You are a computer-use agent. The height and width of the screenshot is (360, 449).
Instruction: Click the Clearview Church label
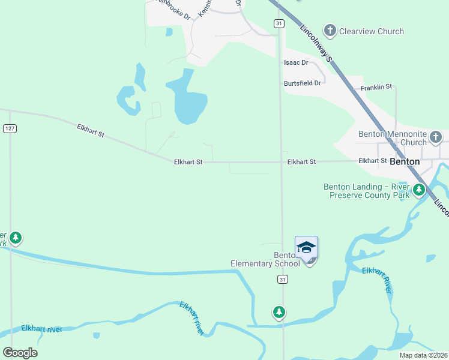pyautogui.click(x=372, y=31)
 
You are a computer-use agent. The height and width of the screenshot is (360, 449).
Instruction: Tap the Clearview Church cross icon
pyautogui.click(x=330, y=30)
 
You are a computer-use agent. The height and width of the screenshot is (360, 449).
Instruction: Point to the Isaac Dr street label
pyautogui.click(x=296, y=62)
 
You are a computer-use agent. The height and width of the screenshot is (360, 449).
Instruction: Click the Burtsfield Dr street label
pyautogui.click(x=303, y=83)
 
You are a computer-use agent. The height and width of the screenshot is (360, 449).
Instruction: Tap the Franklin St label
pyautogui.click(x=376, y=87)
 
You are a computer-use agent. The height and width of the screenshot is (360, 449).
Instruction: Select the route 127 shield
pyautogui.click(x=10, y=128)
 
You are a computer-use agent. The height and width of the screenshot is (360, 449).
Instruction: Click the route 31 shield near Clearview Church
pyautogui.click(x=279, y=23)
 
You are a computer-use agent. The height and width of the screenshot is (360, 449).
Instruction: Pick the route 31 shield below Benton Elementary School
pyautogui.click(x=283, y=280)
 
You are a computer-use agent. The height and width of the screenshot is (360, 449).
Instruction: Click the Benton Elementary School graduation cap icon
pyautogui.click(x=306, y=247)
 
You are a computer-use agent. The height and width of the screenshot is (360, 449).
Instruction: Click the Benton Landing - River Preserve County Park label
pyautogui.click(x=366, y=191)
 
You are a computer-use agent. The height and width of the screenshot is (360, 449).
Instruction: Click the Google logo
pyautogui.click(x=20, y=352)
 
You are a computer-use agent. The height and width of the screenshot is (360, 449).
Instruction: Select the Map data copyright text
pyautogui.click(x=423, y=355)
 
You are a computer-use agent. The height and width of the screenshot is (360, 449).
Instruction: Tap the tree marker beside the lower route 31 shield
pyautogui.click(x=279, y=311)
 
